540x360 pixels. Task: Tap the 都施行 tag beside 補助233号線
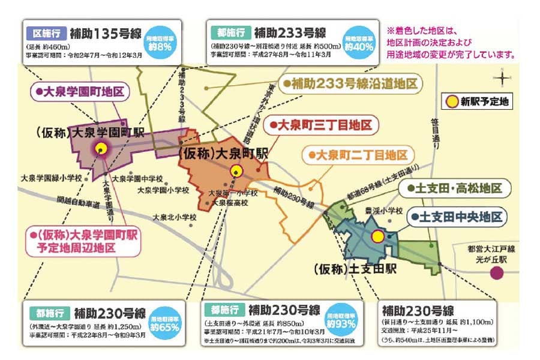pyautogui.click(x=228, y=32)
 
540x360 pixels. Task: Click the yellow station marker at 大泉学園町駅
pyautogui.click(x=101, y=149)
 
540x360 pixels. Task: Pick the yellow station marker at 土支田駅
pyautogui.click(x=377, y=236)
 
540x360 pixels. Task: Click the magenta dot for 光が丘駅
pyautogui.click(x=496, y=273)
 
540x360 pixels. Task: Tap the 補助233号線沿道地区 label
pyautogui.click(x=350, y=84)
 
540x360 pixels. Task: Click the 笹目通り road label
pyautogui.click(x=436, y=130)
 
